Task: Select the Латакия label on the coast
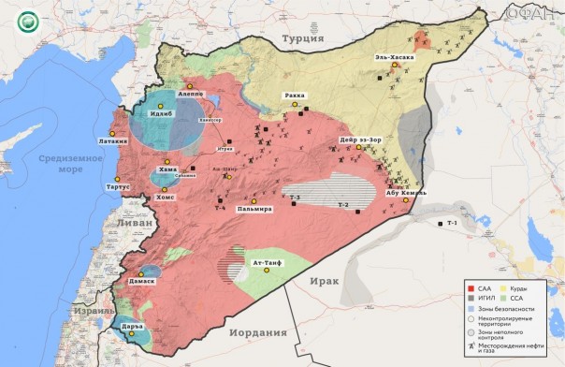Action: pyautogui.click(x=107, y=140)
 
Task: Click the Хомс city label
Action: pyautogui.click(x=165, y=198)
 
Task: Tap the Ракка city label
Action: pyautogui.click(x=296, y=95)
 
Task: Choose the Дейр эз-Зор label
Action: pyautogui.click(x=358, y=141)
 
